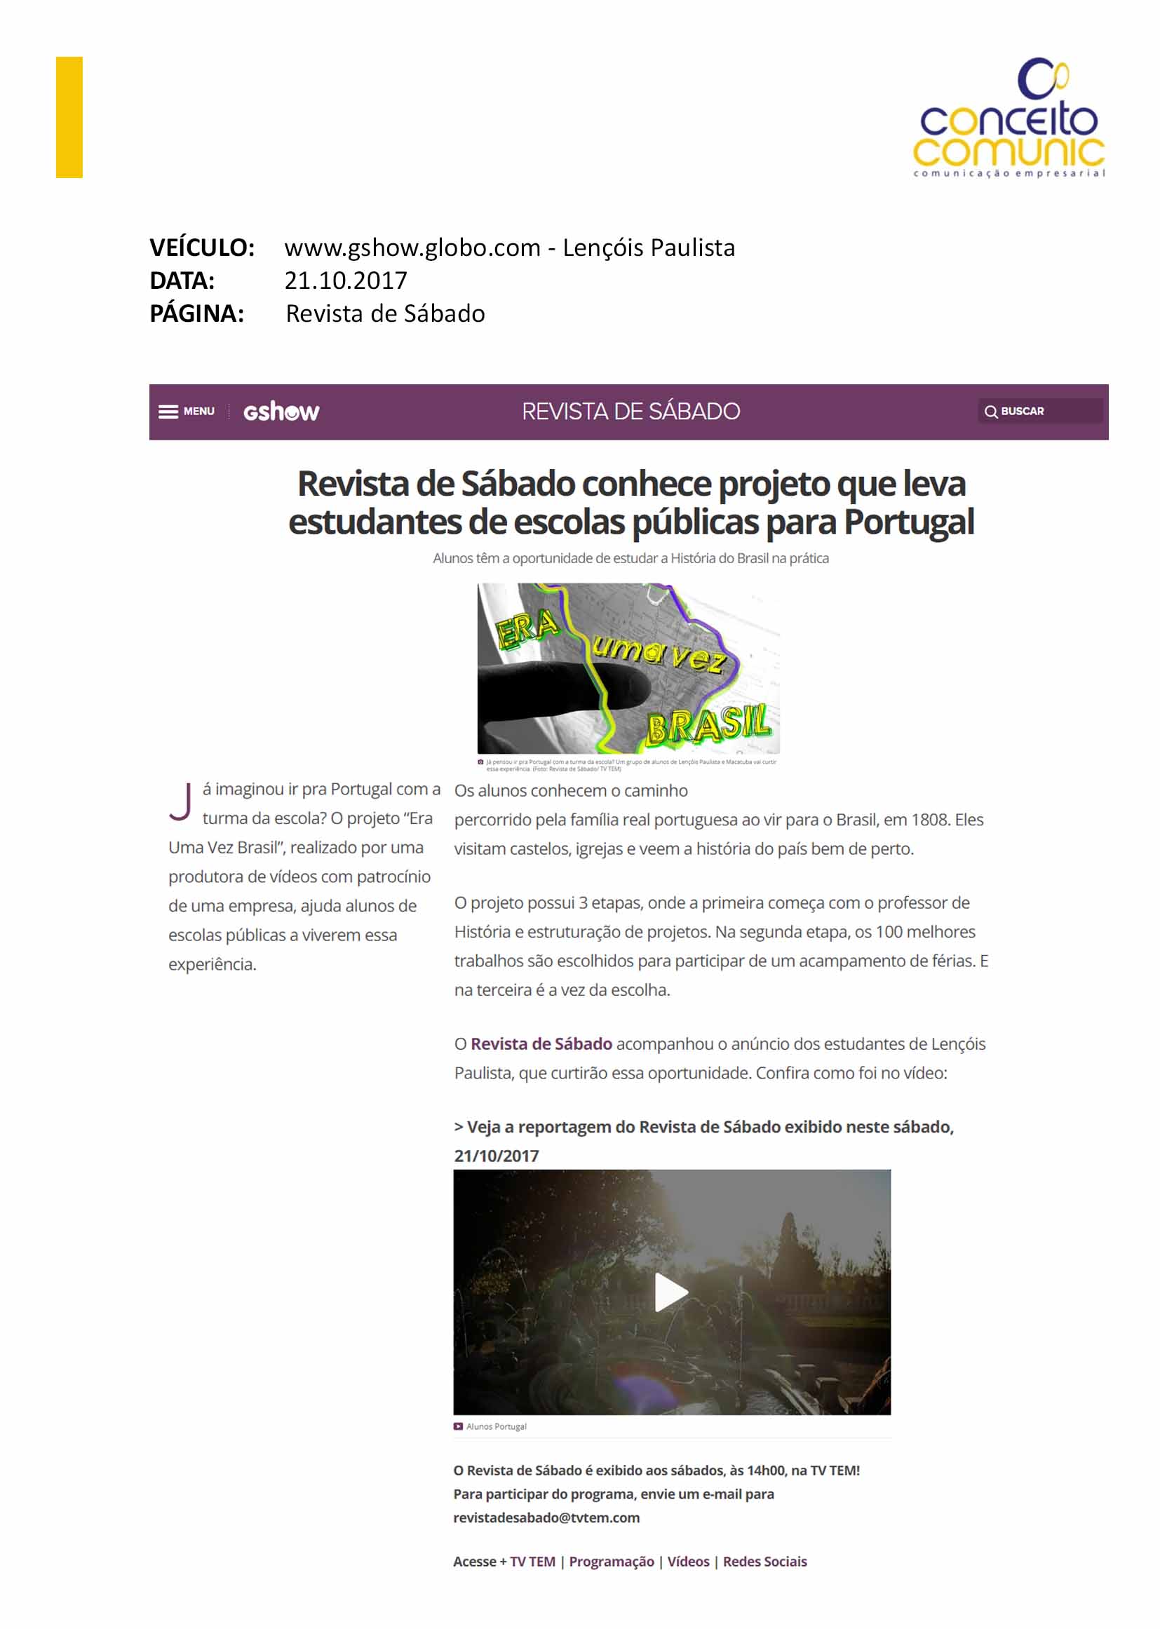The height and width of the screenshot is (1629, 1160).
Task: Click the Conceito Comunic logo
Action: pos(1008,119)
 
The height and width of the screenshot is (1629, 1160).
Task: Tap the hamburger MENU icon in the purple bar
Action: pos(168,412)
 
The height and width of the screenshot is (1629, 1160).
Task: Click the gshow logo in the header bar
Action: pos(281,412)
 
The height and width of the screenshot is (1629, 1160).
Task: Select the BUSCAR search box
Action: pos(1039,412)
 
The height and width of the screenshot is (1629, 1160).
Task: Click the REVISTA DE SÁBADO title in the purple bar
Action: pos(630,412)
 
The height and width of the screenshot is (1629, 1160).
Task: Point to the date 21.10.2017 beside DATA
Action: pos(346,280)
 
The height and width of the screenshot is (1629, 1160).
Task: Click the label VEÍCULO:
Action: pos(202,248)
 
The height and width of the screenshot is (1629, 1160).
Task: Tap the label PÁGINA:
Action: pos(197,313)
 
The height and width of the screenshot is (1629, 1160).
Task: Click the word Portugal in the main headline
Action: pos(908,522)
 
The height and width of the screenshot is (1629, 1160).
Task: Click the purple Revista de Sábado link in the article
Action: pos(541,1044)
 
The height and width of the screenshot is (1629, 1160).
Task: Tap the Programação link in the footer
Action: pos(612,1562)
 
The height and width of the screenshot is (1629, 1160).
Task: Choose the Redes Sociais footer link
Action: pos(764,1562)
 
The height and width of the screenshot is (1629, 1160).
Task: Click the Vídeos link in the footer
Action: pos(689,1562)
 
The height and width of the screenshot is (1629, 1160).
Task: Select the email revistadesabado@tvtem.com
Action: pos(546,1518)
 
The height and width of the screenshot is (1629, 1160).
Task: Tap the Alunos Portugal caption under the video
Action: pos(496,1427)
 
